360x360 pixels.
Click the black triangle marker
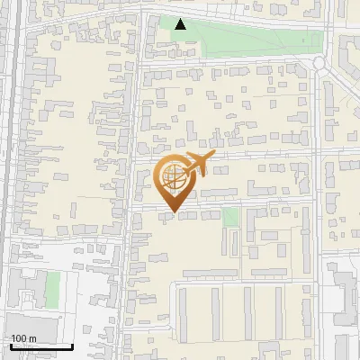181,24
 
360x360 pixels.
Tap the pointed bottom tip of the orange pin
175,215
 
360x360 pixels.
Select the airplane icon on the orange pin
197,166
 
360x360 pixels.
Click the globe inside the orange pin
175,178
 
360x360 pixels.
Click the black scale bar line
41,346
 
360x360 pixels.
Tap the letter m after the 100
32,339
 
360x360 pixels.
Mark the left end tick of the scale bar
11,346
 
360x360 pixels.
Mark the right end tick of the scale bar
72,346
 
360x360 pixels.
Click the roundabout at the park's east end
319,62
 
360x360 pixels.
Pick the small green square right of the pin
230,217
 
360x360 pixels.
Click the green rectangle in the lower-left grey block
53,288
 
